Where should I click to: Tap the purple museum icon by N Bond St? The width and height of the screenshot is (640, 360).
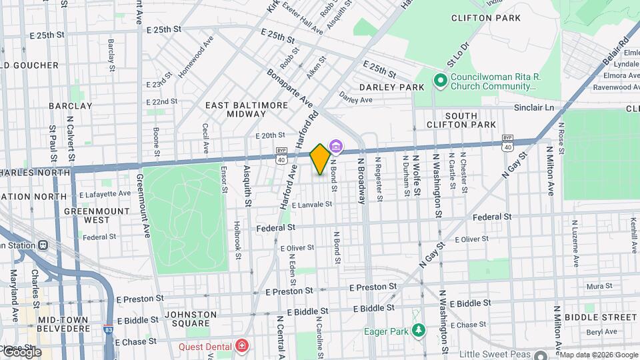tap(336, 147)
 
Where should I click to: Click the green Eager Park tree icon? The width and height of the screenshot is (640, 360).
tap(418, 331)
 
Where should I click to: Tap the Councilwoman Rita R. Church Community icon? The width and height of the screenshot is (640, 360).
tap(440, 81)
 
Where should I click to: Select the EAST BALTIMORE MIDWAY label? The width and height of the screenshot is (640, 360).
tap(246, 110)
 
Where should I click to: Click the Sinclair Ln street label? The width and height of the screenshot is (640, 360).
tap(533, 107)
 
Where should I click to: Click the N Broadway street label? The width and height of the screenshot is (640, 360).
tap(361, 180)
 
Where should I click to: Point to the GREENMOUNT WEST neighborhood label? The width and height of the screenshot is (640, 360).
tap(87, 215)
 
